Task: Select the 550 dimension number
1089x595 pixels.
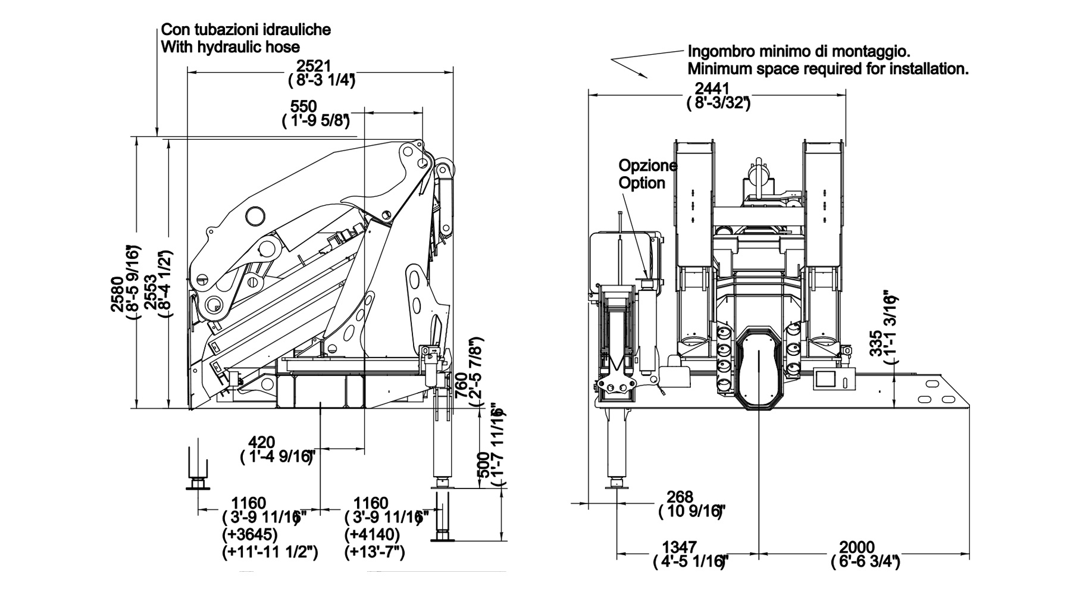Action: pos(303,107)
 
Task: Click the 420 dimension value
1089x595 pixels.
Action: pos(261,443)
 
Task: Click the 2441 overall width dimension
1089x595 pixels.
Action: pos(712,89)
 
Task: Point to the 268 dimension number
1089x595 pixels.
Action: pos(680,496)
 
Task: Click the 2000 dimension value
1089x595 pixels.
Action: pos(856,547)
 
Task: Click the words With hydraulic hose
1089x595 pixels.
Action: pos(231,47)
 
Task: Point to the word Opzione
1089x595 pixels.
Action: pos(648,165)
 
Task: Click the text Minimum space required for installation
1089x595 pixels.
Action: pos(828,69)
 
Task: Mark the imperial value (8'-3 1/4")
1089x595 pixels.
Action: pos(321,80)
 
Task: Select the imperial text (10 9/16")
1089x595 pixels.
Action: pos(692,511)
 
